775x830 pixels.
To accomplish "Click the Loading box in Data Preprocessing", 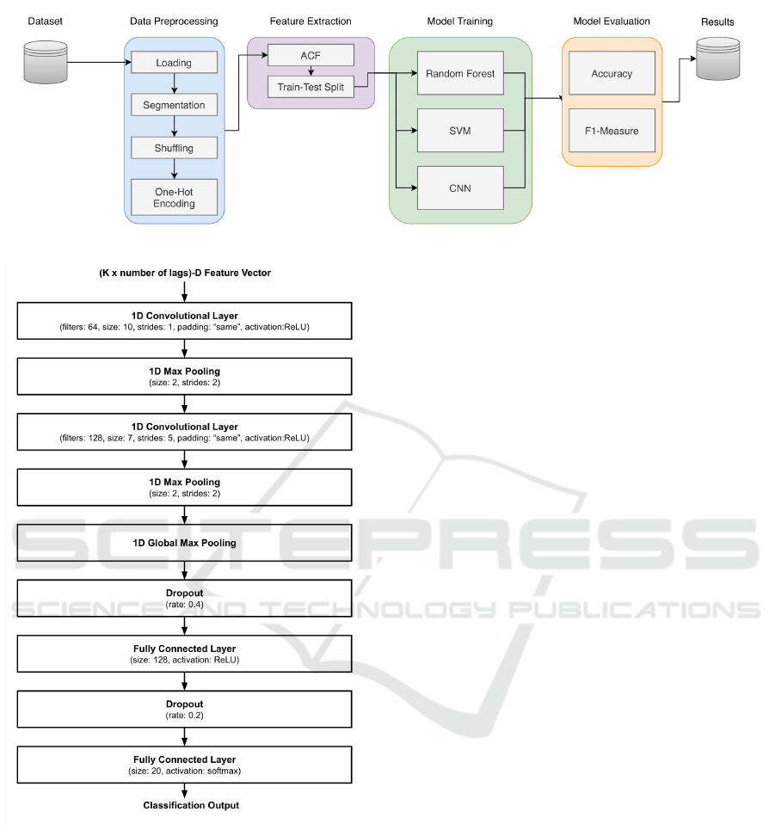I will pos(174,63).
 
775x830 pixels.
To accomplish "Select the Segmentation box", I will pos(174,105).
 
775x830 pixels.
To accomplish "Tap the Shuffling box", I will pos(174,148).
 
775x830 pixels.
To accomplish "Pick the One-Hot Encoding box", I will pos(174,197).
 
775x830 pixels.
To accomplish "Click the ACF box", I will pos(311,55).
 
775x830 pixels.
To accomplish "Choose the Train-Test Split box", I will pos(311,87).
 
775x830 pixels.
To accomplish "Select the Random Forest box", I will pos(460,74).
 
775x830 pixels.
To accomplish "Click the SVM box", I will pos(460,131).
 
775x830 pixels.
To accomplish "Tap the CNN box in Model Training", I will pos(460,188).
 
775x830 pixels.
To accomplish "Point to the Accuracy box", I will pos(612,74).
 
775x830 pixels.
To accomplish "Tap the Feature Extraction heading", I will pos(311,22).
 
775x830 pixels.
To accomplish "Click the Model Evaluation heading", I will pos(612,22).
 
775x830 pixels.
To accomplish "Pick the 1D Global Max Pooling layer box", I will pos(184,543).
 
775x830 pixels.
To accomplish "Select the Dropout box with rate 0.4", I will pos(184,598).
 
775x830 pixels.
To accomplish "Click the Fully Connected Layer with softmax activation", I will pos(184,764).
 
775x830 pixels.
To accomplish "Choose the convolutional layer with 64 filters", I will pos(184,321).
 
